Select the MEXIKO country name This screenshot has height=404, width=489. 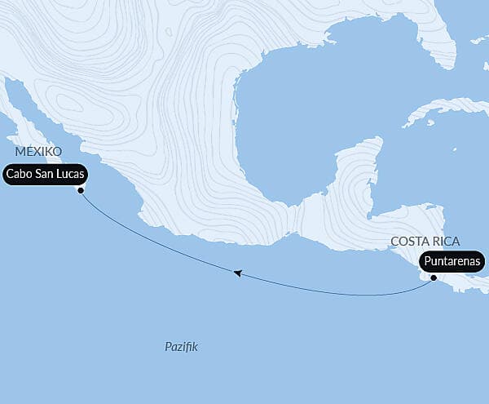(37, 152)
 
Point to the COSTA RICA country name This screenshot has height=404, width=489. (425, 242)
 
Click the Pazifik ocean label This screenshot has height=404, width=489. (181, 348)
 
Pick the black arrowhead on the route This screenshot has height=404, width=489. (237, 273)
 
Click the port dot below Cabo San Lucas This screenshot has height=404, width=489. (80, 191)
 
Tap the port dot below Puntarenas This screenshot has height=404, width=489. (434, 278)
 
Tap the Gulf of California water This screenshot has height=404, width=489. (49, 114)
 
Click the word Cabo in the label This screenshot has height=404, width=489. (20, 175)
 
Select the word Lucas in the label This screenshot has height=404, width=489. (66, 175)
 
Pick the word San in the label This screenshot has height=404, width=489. (42, 175)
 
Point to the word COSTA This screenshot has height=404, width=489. (410, 242)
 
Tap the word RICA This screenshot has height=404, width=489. (445, 242)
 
